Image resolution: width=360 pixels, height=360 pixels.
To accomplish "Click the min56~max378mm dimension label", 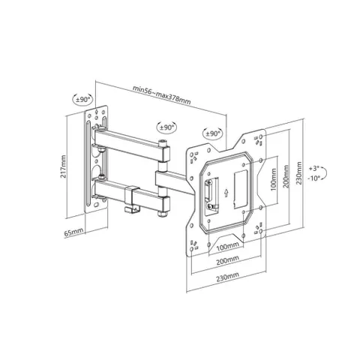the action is tap(161, 95).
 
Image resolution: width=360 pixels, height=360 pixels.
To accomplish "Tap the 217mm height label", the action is tap(64, 166).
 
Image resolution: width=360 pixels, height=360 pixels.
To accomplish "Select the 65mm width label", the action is tap(73, 232).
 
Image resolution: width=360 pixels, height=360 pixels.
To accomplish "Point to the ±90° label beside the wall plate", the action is tap(82, 99).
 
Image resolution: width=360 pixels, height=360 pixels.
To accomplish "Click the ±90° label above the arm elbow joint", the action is tap(166, 127).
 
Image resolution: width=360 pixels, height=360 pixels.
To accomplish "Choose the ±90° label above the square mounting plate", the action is tap(213, 133).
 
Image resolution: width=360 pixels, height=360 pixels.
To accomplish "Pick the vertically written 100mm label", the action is tap(274, 179).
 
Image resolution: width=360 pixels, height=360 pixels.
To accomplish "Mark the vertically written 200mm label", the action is tap(286, 176).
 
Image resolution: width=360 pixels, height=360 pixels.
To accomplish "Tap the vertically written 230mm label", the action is tap(298, 173).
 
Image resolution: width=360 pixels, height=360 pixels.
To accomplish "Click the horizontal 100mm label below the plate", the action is tap(227, 247).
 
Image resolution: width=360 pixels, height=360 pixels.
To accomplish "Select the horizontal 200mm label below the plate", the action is tap(227, 260).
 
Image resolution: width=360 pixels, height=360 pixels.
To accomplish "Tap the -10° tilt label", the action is tap(314, 178).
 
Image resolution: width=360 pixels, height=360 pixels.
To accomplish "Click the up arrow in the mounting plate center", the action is tap(226, 192).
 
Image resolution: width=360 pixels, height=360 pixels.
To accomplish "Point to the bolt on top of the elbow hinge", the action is tap(163, 143).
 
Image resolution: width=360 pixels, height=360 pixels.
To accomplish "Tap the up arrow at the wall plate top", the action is tap(96, 112).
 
